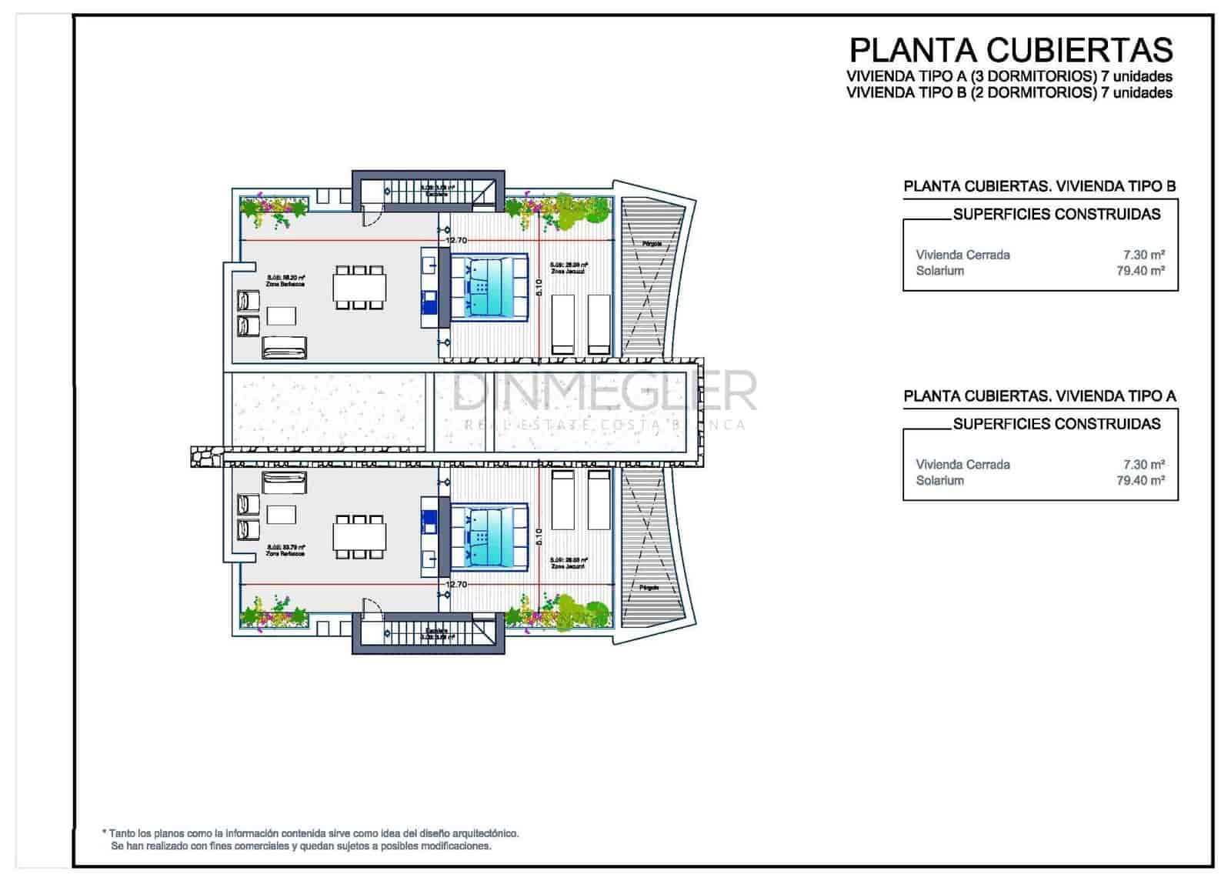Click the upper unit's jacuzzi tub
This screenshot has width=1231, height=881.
click(x=489, y=286)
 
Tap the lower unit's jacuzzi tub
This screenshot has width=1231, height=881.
click(x=489, y=536)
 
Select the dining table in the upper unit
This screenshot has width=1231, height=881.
click(x=359, y=288)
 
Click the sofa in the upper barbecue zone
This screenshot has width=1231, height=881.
click(x=284, y=348)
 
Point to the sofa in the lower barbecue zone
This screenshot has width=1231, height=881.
click(x=284, y=483)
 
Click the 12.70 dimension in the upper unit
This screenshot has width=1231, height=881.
click(x=456, y=241)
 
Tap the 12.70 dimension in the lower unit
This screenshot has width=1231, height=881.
click(x=456, y=585)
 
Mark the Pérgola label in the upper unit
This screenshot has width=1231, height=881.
click(x=652, y=244)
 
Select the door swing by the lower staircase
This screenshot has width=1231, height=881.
click(x=371, y=608)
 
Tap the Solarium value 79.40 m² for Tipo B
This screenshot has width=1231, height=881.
click(x=1140, y=271)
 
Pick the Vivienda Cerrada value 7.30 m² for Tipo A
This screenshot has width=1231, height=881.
click(x=1143, y=465)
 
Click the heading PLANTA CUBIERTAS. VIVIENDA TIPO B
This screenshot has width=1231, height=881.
click(x=1039, y=186)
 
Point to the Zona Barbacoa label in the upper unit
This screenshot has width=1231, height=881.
click(x=285, y=284)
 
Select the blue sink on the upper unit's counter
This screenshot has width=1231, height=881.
click(x=429, y=301)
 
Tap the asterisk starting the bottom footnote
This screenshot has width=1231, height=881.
click(x=104, y=833)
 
